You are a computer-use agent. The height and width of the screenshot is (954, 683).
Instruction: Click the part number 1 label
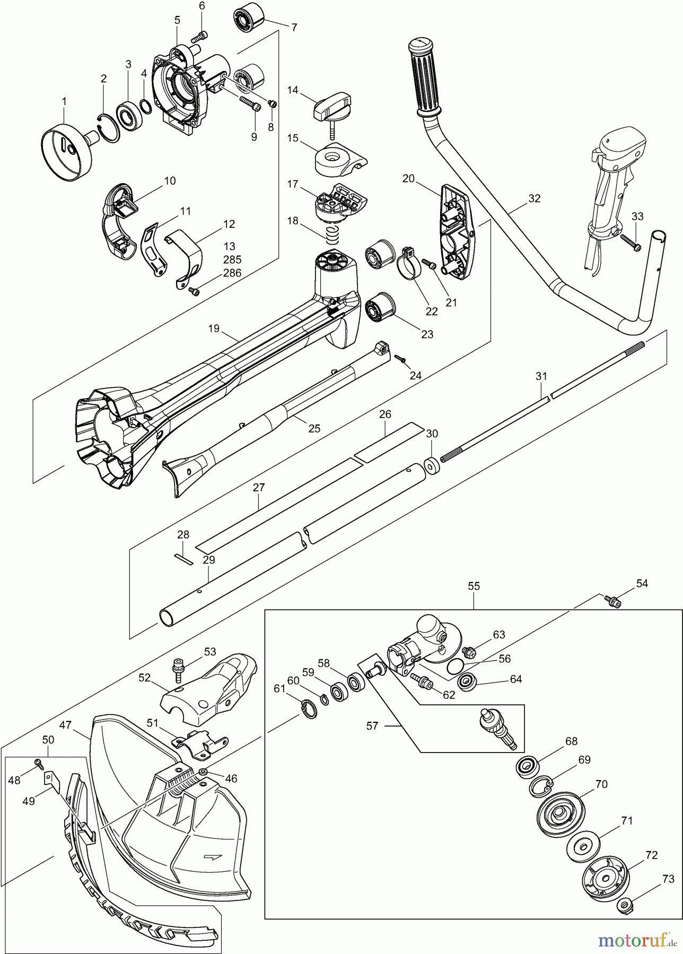[64, 101]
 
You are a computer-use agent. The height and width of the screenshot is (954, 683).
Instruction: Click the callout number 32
[534, 199]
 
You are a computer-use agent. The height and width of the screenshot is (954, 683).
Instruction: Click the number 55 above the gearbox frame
[474, 586]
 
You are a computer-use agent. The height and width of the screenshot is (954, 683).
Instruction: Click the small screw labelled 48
[39, 763]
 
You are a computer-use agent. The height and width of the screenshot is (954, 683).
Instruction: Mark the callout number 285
[232, 260]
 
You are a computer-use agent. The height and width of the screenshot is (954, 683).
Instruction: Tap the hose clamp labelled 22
[408, 266]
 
